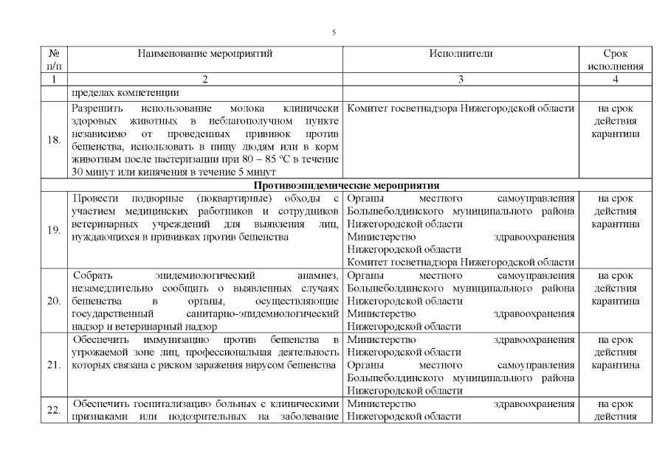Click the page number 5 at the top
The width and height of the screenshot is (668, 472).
(334, 32)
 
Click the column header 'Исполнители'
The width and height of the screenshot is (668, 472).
(461, 54)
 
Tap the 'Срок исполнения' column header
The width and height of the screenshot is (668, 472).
(615, 60)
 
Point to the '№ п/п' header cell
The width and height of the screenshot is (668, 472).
(53, 60)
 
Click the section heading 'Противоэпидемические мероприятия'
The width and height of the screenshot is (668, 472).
(347, 185)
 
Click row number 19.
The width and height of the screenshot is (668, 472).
(53, 230)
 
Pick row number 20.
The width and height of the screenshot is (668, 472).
(53, 301)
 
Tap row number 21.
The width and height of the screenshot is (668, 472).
(53, 365)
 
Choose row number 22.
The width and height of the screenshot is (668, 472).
(53, 410)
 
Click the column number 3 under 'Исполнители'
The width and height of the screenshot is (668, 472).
(461, 80)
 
